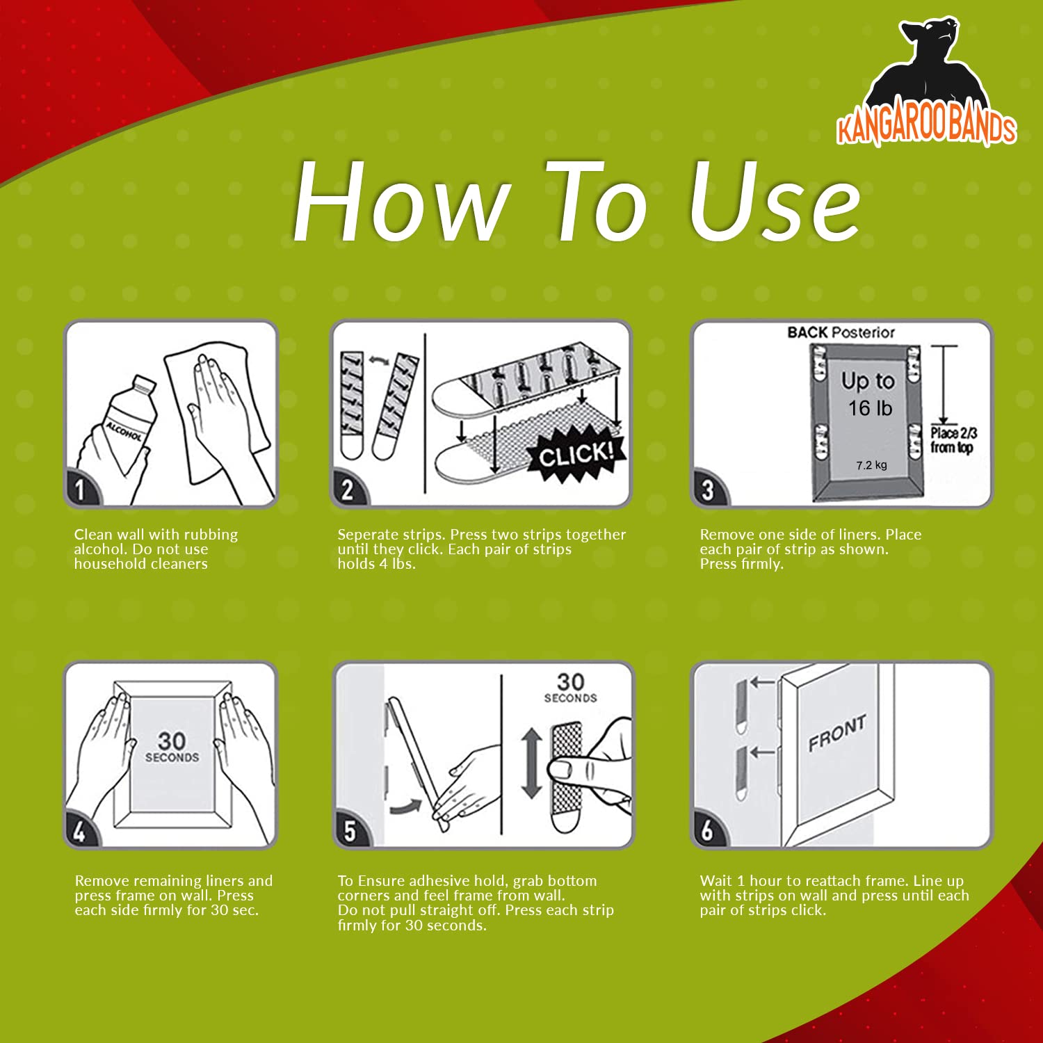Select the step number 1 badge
(x=81, y=489)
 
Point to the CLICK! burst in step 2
(x=575, y=455)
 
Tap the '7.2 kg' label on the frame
(x=871, y=465)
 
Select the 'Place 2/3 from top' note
(x=953, y=440)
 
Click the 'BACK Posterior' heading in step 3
(x=841, y=332)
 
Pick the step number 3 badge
(x=709, y=489)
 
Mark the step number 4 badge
(x=81, y=830)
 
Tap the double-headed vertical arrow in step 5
(x=531, y=763)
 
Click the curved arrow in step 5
(x=406, y=805)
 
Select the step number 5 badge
(x=350, y=830)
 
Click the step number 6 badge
(x=709, y=830)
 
